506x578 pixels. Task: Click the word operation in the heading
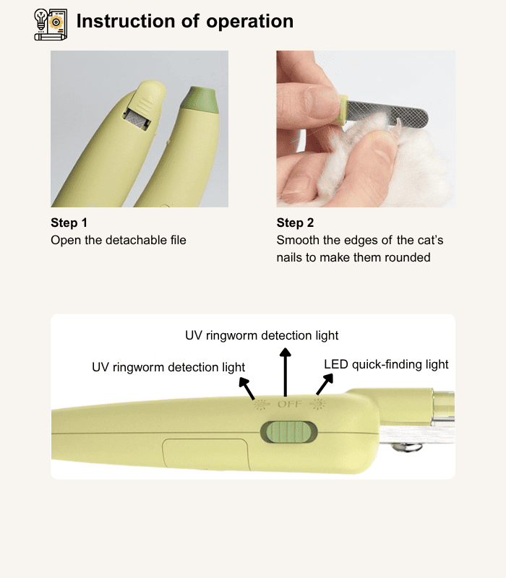pyautogui.click(x=249, y=22)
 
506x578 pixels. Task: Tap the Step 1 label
pyautogui.click(x=69, y=223)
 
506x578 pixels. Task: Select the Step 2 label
pyautogui.click(x=295, y=223)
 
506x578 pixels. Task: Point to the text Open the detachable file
pyautogui.click(x=119, y=240)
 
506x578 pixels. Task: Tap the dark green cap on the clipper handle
pyautogui.click(x=200, y=100)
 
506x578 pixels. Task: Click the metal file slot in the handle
pyautogui.click(x=137, y=119)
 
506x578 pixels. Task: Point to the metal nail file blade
pyautogui.click(x=387, y=112)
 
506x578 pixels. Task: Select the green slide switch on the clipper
pyautogui.click(x=288, y=432)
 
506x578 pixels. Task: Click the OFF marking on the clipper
pyautogui.click(x=289, y=405)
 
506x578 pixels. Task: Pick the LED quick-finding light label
pyautogui.click(x=386, y=364)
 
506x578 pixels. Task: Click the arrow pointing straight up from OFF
pyautogui.click(x=285, y=372)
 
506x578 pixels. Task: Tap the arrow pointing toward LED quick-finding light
pyautogui.click(x=325, y=384)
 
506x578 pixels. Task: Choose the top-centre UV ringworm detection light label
pyautogui.click(x=262, y=335)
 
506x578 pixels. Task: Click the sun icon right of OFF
pyautogui.click(x=317, y=404)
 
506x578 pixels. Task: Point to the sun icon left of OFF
pyautogui.click(x=260, y=405)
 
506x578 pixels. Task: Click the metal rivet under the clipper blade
pyautogui.click(x=407, y=447)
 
